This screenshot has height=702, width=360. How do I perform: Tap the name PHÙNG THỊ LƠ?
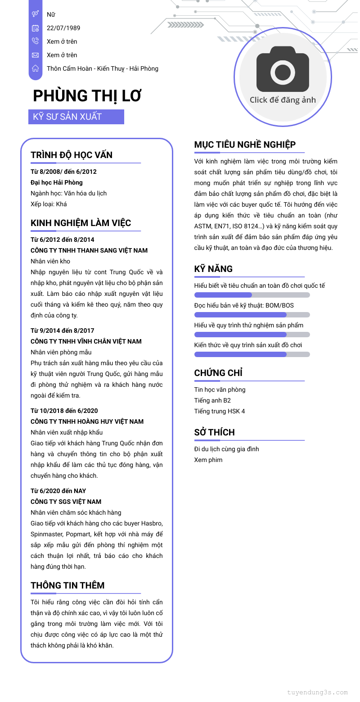pos(87,96)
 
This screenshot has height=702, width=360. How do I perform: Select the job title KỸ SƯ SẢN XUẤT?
pos(67,117)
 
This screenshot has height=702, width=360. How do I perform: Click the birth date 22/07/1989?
pos(63,28)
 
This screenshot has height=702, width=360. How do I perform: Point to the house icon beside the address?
pos(35,68)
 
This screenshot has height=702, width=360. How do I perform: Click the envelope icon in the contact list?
pos(35,55)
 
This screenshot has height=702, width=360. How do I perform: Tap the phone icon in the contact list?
pos(35,41)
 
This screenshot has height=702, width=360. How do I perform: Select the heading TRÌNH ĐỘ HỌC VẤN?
pos(72,155)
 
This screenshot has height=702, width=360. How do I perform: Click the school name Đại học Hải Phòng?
pos(57,182)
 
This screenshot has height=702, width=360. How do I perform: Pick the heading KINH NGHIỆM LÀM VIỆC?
pos(81,223)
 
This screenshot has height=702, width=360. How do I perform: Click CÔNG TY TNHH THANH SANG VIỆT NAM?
pos(89,250)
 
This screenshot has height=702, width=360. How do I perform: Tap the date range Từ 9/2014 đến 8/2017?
pos(63,331)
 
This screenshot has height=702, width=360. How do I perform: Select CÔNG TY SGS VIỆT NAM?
pos(66,502)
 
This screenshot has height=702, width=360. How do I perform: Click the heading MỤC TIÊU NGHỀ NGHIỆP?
pos(245,145)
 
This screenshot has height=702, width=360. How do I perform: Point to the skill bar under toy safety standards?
pos(252,295)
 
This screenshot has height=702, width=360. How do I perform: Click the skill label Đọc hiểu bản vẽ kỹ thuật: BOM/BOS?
pos(244,305)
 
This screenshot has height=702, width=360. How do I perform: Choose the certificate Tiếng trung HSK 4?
pos(220,411)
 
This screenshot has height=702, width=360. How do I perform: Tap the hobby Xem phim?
pos(208,460)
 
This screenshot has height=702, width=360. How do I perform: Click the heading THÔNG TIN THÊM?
pos(67,585)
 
